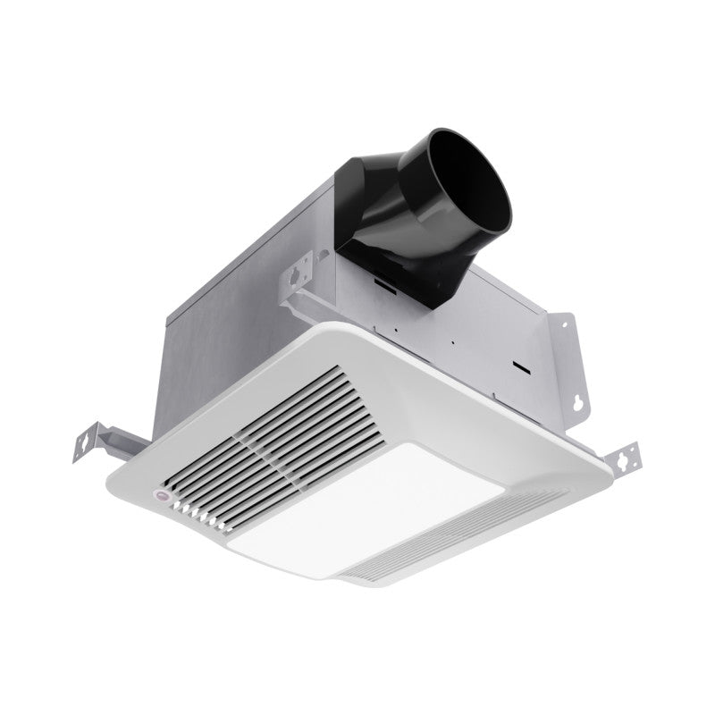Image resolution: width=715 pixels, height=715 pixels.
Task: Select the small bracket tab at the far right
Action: click(x=626, y=458)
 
